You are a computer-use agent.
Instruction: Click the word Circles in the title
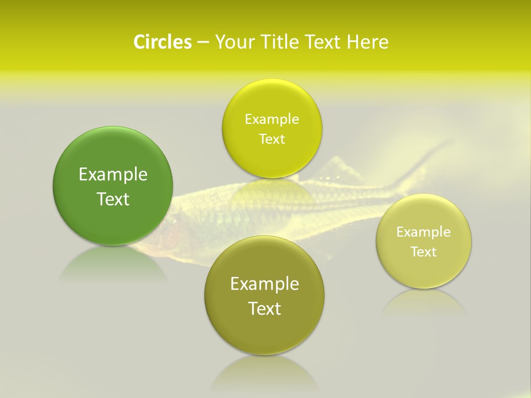162,42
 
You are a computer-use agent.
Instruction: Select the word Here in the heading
367,42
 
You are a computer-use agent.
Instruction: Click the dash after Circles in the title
203,43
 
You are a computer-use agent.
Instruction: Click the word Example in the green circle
113,175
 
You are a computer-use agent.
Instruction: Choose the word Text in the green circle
113,199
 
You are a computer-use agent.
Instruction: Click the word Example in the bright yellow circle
272,119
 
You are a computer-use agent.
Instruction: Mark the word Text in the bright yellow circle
272,139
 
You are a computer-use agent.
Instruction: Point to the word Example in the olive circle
264,284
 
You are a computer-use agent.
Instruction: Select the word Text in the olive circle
264,308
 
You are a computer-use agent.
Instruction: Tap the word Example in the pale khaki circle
424,232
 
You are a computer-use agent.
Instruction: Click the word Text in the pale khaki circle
424,252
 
